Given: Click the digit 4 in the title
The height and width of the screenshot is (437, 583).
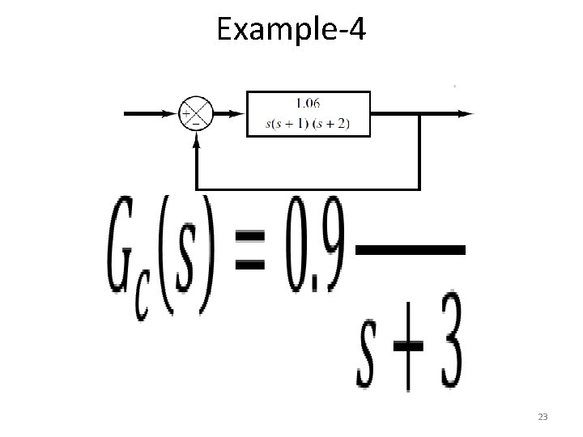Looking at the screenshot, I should [x=357, y=31].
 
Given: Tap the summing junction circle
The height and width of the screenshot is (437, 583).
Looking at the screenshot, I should [x=194, y=114].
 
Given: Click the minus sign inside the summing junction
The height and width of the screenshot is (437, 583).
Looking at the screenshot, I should [x=194, y=122].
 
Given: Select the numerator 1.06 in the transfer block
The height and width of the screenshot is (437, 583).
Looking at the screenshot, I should [x=307, y=103].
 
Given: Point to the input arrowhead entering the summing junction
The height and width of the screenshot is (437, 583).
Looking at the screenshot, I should [x=172, y=114].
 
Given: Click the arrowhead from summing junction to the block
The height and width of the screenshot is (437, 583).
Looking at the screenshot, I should [x=237, y=114].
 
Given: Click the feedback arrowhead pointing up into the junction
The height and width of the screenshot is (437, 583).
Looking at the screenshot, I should [x=195, y=140].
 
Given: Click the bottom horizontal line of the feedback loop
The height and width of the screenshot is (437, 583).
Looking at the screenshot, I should [x=308, y=188].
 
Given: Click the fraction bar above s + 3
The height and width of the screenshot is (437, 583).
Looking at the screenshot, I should [x=411, y=252].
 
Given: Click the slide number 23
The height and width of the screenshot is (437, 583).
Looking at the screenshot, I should [x=543, y=417].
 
